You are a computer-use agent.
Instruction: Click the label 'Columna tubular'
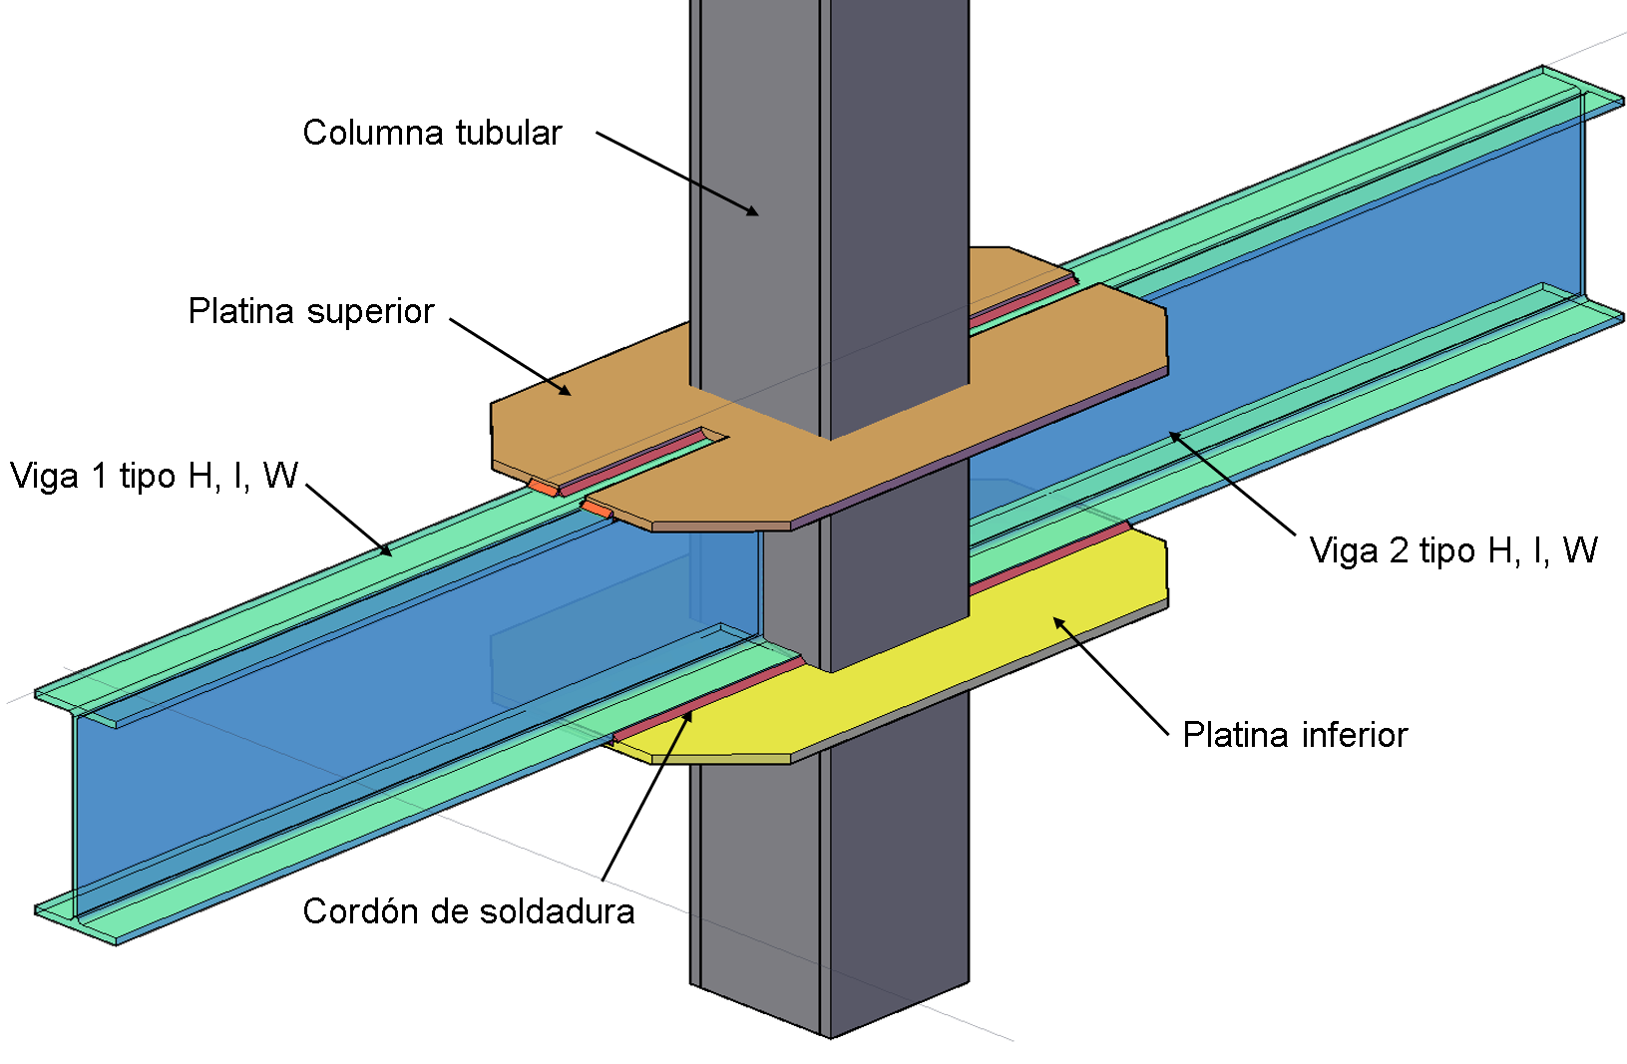(432, 133)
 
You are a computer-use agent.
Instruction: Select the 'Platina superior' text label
(311, 311)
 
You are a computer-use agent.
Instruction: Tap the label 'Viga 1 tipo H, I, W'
(155, 476)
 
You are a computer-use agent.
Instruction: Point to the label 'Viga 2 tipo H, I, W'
(1452, 550)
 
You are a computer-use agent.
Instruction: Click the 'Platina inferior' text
(1295, 735)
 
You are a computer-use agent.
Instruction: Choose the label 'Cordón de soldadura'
(468, 911)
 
